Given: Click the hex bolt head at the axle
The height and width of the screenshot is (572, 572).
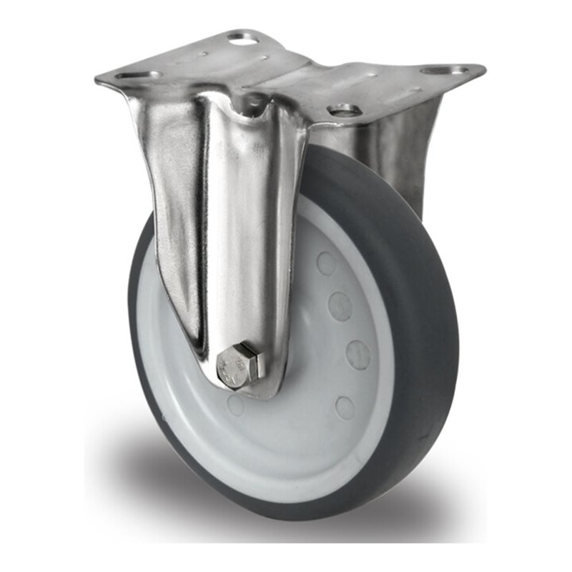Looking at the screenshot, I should [239, 367].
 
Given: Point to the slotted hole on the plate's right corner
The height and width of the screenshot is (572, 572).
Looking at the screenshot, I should [444, 70].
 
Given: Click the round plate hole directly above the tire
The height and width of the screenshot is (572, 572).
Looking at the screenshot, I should [345, 109].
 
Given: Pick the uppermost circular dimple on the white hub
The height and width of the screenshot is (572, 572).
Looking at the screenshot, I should [326, 263].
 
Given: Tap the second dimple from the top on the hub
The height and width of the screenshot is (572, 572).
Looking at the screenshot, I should [340, 306].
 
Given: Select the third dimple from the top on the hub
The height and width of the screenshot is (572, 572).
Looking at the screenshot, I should [357, 354].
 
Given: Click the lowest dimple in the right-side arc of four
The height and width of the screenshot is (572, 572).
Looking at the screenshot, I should [345, 408].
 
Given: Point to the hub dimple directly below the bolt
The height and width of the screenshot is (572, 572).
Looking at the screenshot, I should [237, 405].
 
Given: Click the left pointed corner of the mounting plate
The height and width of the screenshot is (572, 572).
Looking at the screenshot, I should [99, 81].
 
